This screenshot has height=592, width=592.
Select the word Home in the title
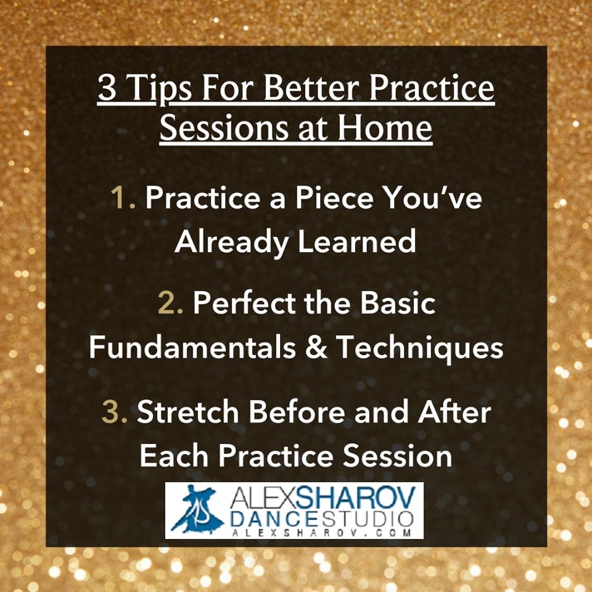point(385,128)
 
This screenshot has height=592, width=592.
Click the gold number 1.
point(123,197)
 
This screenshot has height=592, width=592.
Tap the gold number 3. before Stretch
point(115,412)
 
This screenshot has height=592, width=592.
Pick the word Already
point(232,242)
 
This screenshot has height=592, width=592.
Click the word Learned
point(357,241)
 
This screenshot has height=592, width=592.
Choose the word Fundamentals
point(192,347)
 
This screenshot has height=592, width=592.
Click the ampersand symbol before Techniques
point(316,347)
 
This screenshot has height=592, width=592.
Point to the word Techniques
point(419,347)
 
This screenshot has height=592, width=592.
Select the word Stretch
point(187,411)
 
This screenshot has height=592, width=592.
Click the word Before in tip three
point(297,411)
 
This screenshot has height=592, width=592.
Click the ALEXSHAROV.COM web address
point(321,532)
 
